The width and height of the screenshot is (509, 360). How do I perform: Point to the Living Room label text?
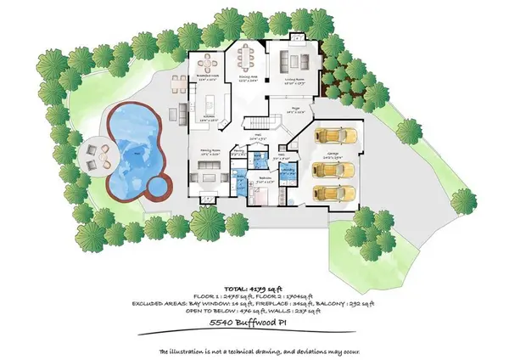(x=293, y=82)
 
